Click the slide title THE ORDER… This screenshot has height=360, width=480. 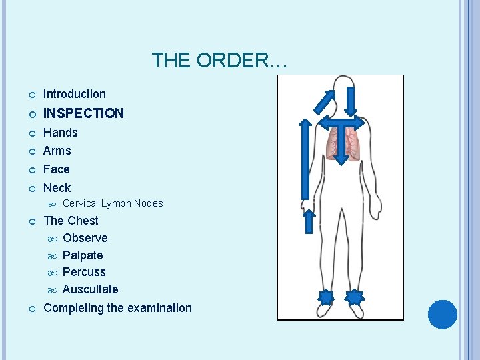[x=219, y=61]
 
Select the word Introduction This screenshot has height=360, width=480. [x=75, y=94]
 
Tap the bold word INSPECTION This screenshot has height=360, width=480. [x=83, y=113]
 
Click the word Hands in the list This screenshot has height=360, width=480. [x=61, y=133]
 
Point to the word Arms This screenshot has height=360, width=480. [x=57, y=151]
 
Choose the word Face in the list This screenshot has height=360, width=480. [x=57, y=169]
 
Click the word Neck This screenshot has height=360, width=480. [x=57, y=188]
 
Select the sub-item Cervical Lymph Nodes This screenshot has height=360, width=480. [x=113, y=203]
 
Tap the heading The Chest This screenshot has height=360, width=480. [x=71, y=221]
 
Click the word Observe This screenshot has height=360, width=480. [x=85, y=238]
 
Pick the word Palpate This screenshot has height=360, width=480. [x=83, y=255]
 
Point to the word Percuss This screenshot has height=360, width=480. [x=84, y=272]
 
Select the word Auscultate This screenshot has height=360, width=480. [x=90, y=289]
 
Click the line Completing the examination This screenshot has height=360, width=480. [x=117, y=308]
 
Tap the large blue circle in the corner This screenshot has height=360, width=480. [x=442, y=314]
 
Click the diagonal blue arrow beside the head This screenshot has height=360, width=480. [x=325, y=101]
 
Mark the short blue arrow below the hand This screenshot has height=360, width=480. [x=309, y=221]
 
